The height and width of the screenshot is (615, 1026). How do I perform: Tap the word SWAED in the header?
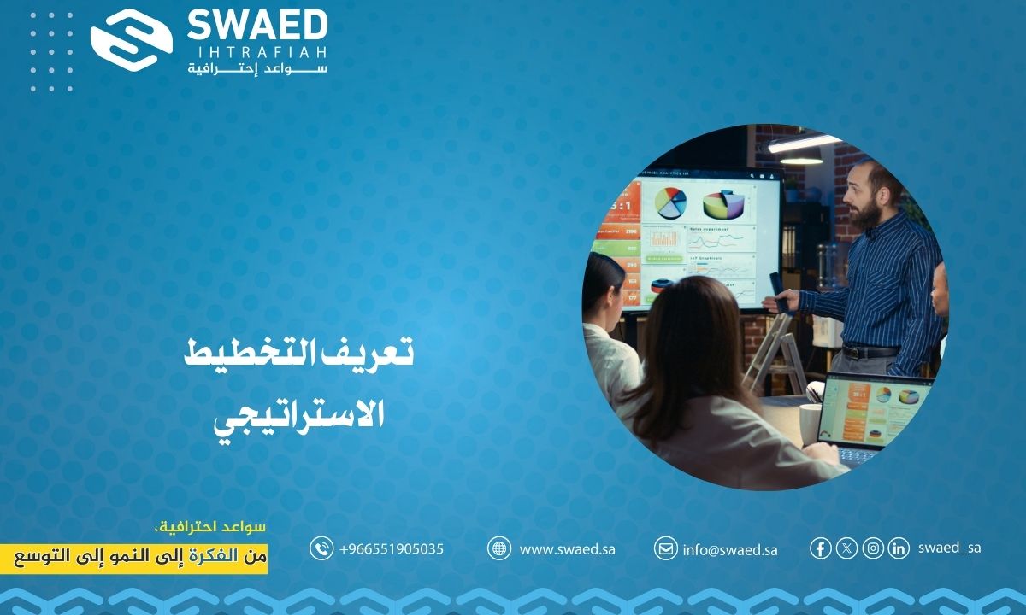pos(256,25)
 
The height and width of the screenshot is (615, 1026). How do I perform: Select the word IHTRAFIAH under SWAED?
pos(257,53)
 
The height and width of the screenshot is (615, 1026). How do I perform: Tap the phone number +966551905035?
pos(392,549)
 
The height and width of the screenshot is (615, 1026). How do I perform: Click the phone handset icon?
pos(321,548)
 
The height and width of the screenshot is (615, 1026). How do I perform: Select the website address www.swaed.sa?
pos(567,549)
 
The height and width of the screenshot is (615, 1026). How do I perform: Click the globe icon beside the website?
pos(499,548)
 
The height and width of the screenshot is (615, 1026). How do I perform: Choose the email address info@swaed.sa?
pos(729,549)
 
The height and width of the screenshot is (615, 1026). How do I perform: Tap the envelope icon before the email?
pos(665,548)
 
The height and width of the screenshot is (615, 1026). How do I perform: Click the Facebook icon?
pos(820,548)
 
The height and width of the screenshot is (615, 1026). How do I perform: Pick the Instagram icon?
pos(872,548)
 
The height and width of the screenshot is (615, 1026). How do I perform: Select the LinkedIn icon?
pos(898,548)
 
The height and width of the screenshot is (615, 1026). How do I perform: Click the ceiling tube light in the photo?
pos(804,143)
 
